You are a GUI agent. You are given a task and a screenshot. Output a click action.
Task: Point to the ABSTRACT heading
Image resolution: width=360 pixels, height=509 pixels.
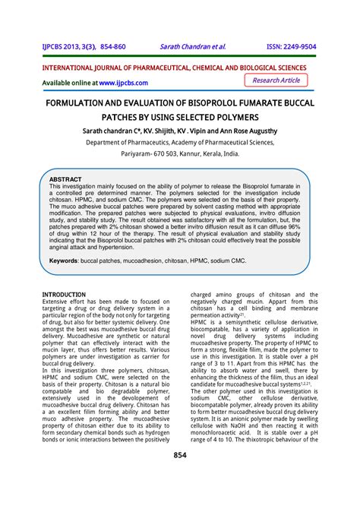65,179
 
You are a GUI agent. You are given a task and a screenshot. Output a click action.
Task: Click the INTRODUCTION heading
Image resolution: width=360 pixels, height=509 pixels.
64,294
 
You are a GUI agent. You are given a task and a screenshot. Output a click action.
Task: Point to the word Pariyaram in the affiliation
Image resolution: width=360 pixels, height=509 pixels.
138,152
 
